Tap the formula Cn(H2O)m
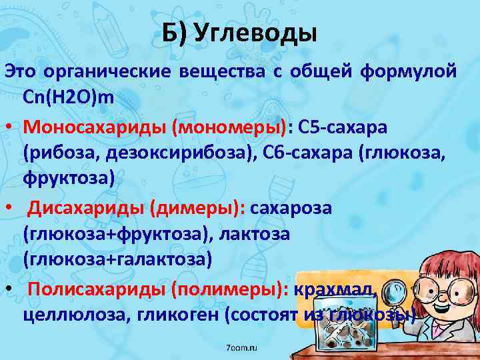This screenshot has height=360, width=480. (69, 97)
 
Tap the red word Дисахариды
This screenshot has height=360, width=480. (85, 207)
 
